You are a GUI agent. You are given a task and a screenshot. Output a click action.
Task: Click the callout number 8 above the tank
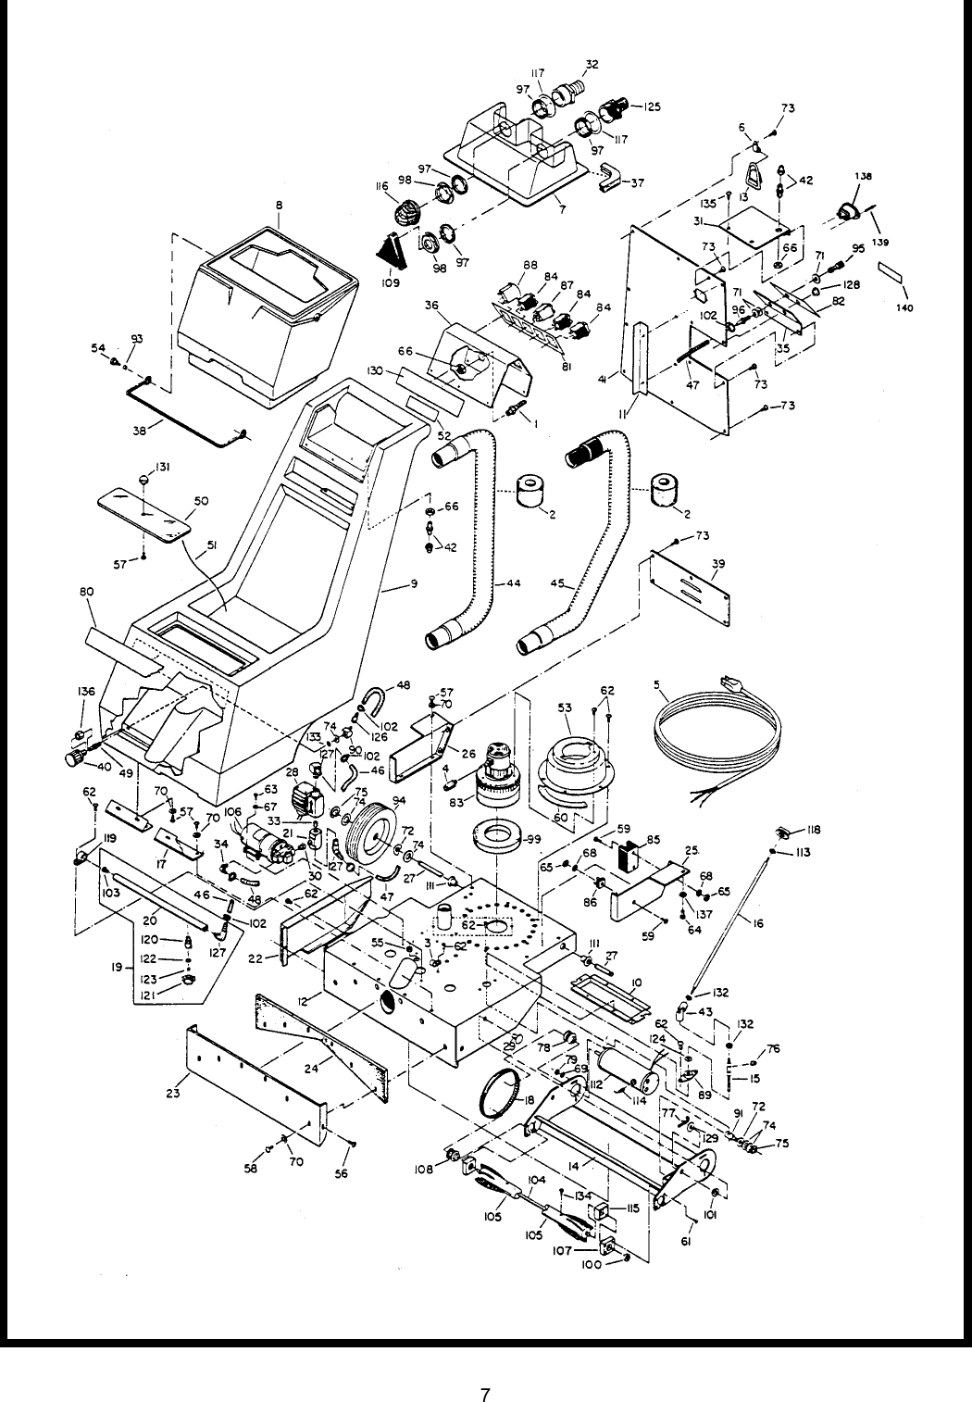[279, 205]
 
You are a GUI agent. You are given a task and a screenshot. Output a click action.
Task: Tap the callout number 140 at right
[904, 308]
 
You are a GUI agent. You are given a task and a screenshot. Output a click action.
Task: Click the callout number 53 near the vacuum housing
[565, 706]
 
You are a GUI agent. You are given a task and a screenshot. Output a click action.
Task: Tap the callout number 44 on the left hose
[513, 585]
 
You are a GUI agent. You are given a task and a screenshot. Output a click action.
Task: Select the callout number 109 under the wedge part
[390, 283]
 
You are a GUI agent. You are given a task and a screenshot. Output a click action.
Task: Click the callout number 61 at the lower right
[686, 1243]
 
